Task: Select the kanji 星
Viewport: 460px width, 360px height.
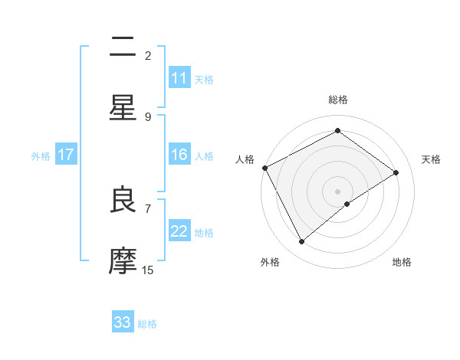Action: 123,107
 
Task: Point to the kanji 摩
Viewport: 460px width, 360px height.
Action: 123,261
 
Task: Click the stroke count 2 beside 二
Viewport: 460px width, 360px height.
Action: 148,55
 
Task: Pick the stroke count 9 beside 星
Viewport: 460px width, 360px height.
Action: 148,116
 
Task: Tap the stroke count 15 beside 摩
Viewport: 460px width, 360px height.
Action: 148,270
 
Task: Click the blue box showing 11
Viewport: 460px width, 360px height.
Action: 179,78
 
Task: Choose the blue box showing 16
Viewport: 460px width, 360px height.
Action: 179,155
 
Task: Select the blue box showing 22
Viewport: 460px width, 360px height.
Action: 179,231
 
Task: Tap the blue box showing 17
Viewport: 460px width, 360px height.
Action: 66,155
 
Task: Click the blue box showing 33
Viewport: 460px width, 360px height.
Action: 123,322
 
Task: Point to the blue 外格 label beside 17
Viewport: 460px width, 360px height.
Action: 41,156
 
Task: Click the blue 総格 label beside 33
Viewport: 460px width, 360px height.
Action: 147,324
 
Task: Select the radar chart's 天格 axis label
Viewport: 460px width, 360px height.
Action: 432,159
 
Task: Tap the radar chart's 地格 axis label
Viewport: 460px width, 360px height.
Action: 402,263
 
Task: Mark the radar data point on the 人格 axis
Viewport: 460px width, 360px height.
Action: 264,168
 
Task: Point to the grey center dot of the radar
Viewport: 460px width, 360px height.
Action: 337,191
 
